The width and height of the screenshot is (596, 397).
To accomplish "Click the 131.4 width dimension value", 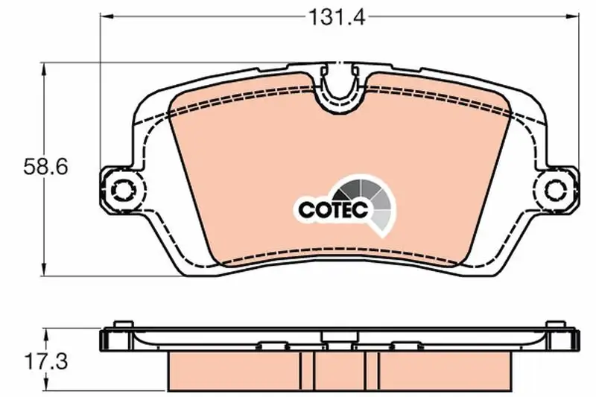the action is tap(337, 17).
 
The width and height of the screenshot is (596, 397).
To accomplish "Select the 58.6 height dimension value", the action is tap(45, 167).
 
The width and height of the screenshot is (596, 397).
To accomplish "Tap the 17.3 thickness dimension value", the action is tap(45, 361).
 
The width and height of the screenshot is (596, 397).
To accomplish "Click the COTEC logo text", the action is tap(334, 209).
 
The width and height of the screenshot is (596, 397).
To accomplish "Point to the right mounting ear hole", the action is tap(556, 188).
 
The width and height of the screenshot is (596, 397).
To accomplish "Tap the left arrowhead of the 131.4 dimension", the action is tap(107, 16).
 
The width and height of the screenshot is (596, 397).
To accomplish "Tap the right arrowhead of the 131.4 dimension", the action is tap(572, 16).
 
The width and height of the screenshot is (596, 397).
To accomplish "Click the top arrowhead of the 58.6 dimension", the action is tap(45, 70).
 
